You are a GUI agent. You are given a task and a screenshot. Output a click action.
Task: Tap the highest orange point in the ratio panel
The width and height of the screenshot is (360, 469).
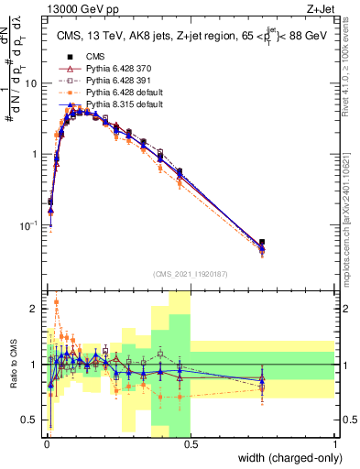[x=57, y=301]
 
